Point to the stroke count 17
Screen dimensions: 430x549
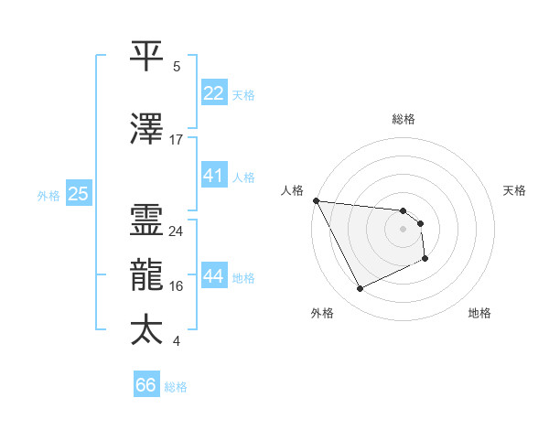pos(177,139)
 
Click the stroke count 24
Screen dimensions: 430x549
pos(177,231)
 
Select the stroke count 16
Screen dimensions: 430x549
pos(177,285)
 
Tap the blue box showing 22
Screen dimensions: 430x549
pos(214,93)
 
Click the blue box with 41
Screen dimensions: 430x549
pos(214,176)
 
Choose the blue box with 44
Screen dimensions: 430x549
pos(214,276)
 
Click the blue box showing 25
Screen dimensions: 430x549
pos(78,194)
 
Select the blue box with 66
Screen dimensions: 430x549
pos(146,385)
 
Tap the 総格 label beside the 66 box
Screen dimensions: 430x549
pos(176,387)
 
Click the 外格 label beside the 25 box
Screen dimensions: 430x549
pos(48,195)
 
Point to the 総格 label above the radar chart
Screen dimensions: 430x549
pos(403,119)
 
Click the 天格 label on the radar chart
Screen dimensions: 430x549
pos(515,190)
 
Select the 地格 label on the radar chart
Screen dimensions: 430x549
pos(479,314)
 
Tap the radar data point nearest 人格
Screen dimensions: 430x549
pos(316,200)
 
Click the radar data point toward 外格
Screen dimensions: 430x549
pos(360,289)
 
